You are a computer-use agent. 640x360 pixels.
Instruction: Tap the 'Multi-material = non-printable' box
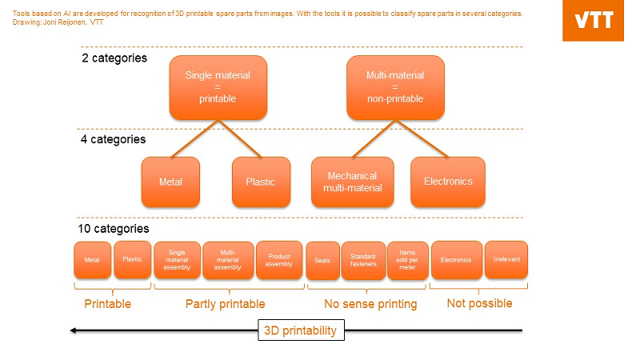394,86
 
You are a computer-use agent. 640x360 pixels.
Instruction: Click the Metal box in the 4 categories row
170,182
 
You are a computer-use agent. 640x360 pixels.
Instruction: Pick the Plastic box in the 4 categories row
260,182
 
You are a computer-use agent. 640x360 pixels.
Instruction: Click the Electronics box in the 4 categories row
447,182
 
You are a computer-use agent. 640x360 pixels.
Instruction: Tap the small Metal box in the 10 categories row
92,260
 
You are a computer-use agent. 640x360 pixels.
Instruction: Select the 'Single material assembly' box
177,260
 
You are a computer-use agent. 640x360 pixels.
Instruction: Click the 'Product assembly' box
279,260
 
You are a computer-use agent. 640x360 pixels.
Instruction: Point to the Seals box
322,261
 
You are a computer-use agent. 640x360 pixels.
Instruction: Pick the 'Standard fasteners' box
363,261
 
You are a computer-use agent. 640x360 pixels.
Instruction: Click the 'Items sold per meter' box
407,261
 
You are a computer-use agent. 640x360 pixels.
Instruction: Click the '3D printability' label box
301,330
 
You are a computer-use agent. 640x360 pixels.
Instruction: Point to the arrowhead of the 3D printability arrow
74,330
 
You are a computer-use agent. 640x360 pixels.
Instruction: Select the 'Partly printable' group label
225,304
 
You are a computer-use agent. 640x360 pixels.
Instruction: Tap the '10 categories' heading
114,229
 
